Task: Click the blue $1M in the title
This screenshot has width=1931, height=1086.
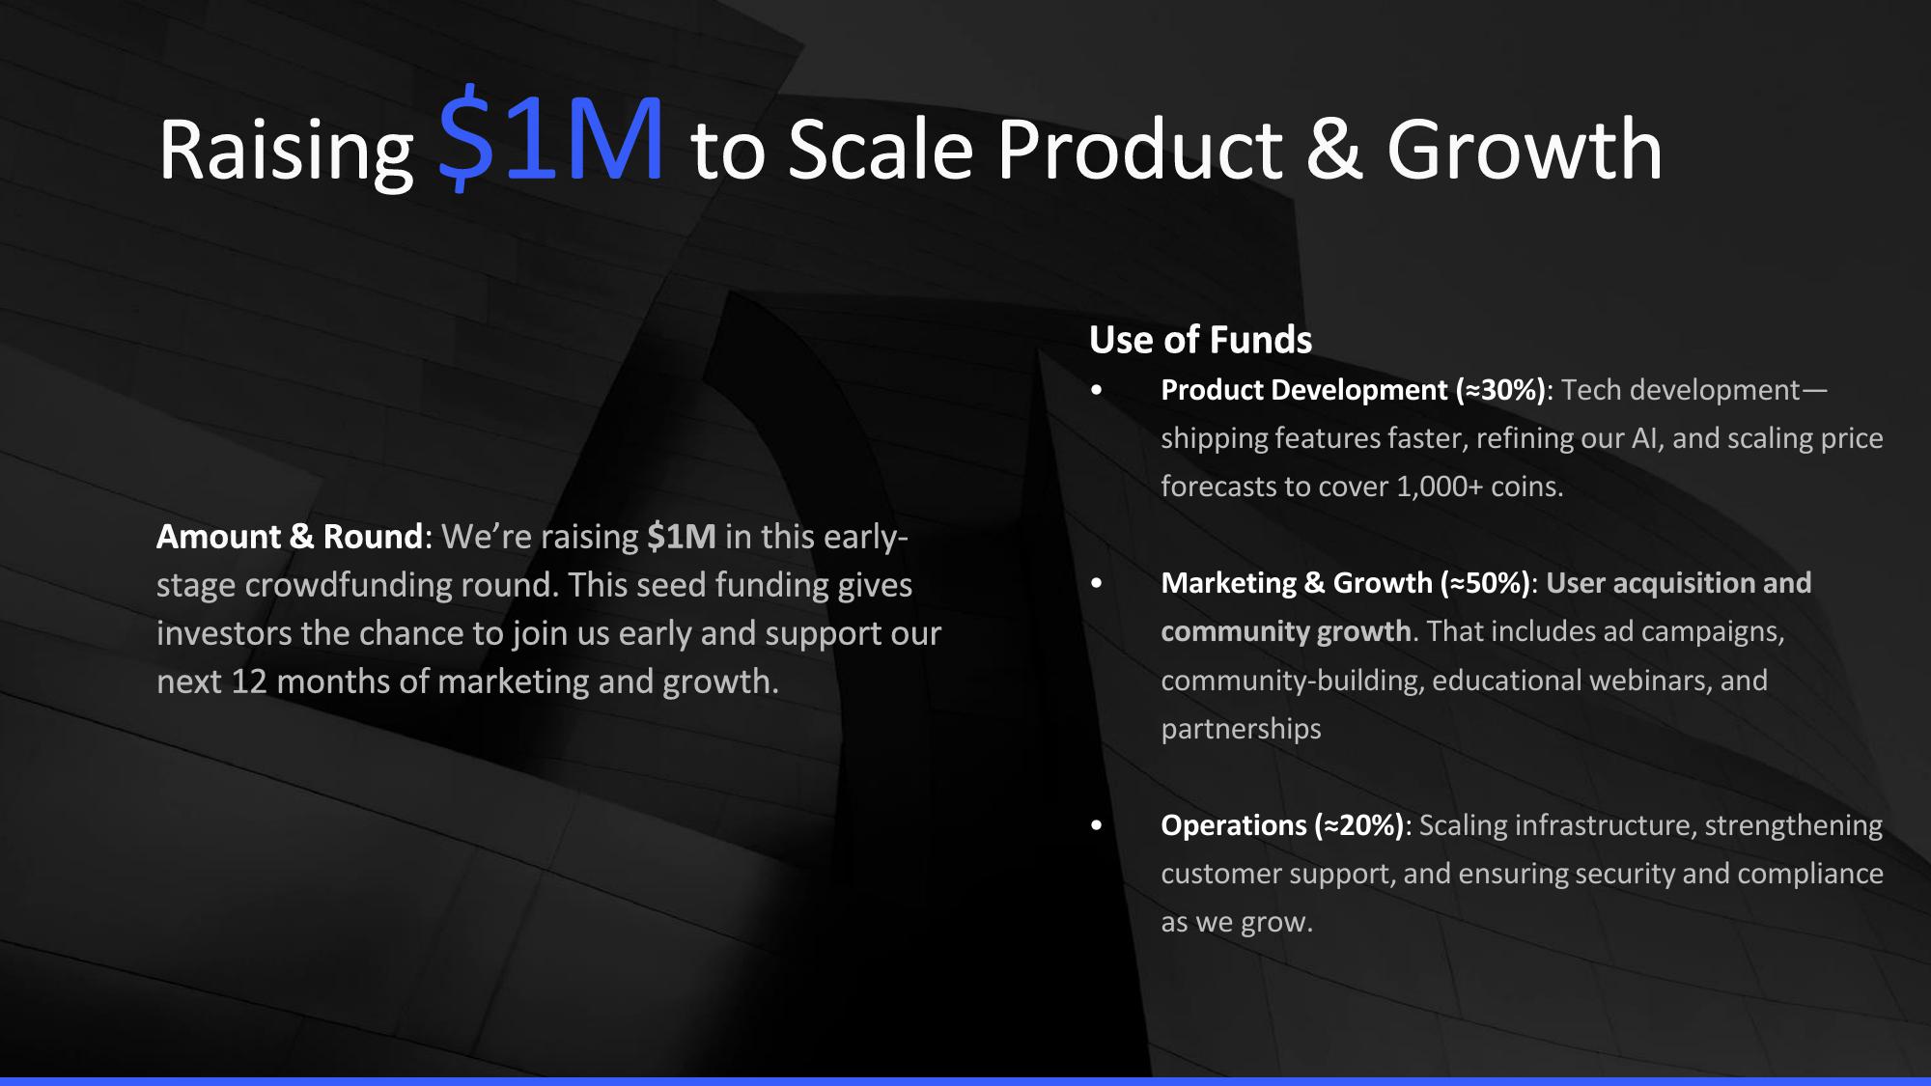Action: tap(551, 136)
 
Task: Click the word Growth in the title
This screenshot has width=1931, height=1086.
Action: tap(1525, 150)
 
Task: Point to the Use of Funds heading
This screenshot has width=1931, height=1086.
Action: tap(1200, 340)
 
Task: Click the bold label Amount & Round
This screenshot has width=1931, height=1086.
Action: tap(290, 537)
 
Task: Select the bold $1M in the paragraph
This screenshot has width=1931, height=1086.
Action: tap(682, 537)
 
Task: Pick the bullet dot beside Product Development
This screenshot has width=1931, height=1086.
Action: tap(1096, 391)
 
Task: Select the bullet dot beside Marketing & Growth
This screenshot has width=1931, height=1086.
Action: tap(1096, 584)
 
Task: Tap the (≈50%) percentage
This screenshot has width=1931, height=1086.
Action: tap(1486, 583)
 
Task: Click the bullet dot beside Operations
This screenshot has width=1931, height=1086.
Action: tap(1096, 826)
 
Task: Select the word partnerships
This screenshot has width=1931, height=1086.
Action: tap(1241, 729)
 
